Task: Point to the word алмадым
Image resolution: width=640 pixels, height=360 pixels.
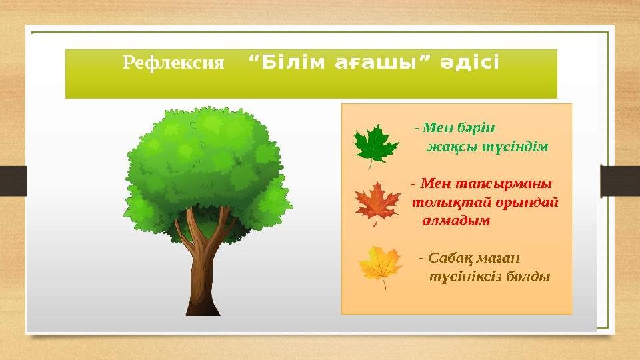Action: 457,220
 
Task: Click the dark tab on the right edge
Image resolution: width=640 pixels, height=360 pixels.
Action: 620,181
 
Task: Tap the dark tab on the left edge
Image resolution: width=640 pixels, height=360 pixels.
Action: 13,181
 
